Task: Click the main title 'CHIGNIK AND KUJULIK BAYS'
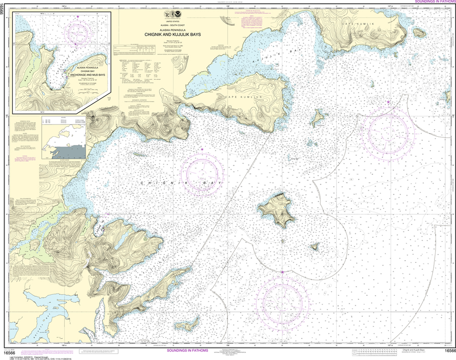[x=171, y=33]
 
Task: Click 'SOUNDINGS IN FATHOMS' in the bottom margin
[x=189, y=351]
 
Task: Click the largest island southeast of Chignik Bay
[x=277, y=210]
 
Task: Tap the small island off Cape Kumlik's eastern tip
[x=419, y=33]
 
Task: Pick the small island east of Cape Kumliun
[x=318, y=118]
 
